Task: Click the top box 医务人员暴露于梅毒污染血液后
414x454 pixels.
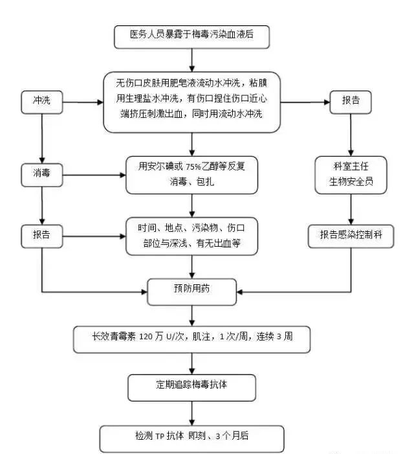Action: [191, 37]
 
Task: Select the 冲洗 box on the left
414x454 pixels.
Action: [42, 102]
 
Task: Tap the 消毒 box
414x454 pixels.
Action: [42, 174]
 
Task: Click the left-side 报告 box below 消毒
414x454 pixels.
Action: [42, 235]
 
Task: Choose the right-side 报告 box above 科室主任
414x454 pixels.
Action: [351, 102]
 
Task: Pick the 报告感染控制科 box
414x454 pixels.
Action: [351, 235]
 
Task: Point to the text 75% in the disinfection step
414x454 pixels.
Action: [176, 166]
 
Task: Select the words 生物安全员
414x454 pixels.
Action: [351, 182]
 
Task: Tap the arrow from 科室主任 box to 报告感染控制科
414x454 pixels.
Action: [351, 209]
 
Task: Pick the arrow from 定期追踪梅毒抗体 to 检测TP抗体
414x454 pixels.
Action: [191, 412]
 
